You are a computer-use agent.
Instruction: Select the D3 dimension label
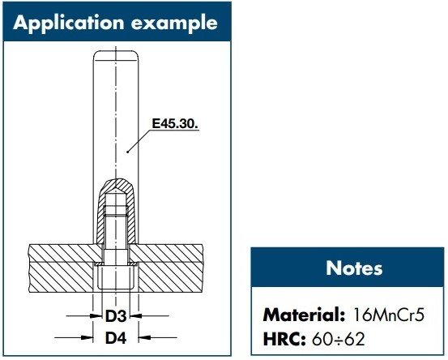[114, 315]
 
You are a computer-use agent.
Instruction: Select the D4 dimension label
[114, 334]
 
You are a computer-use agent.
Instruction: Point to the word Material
[299, 312]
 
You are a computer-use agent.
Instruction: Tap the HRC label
[280, 338]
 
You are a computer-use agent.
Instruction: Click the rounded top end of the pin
[114, 56]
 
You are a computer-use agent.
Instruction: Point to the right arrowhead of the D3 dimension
[136, 315]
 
